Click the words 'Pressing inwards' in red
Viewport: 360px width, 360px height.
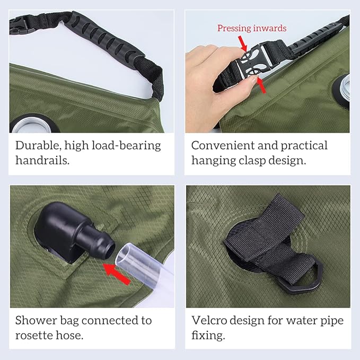click(252, 28)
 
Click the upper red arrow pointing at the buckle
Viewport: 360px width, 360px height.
click(243, 43)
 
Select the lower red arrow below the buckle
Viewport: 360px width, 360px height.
click(261, 84)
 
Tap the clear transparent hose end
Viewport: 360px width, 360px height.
click(142, 266)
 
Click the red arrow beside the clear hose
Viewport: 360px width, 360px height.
click(117, 274)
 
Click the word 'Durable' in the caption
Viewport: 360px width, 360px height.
click(37, 146)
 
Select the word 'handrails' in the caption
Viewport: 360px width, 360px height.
click(41, 160)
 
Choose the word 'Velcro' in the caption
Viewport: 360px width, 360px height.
click(209, 321)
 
